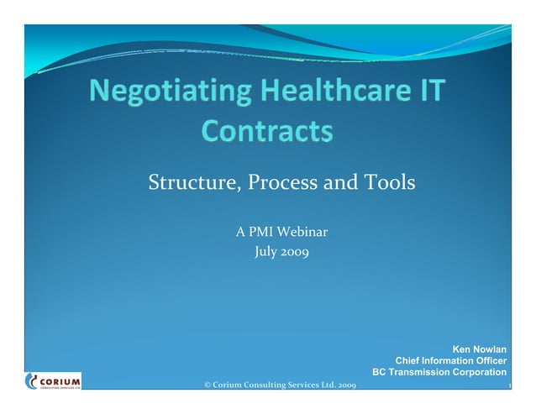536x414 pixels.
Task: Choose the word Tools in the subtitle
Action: tap(388, 182)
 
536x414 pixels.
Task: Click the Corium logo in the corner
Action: tap(54, 382)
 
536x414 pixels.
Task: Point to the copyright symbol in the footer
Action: tap(208, 385)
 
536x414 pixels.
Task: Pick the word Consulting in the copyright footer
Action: tap(266, 385)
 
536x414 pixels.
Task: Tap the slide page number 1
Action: tap(510, 385)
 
